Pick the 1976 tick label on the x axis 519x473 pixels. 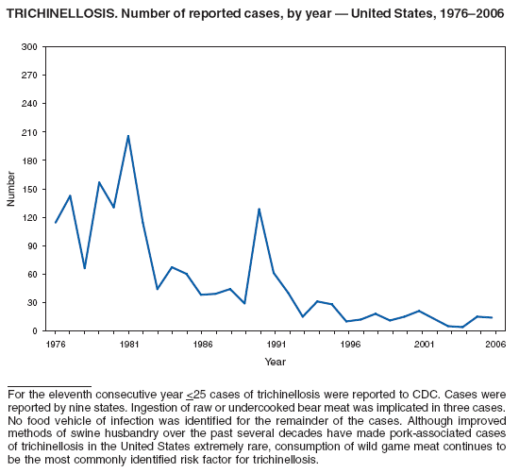coord(56,345)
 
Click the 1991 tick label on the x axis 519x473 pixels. coord(275,345)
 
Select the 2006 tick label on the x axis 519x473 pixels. coord(492,345)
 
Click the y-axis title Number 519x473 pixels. coord(10,189)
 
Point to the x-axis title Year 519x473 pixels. coord(275,362)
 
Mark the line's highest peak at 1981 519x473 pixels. coord(128,136)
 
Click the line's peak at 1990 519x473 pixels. coord(259,209)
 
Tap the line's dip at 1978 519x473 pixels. coord(85,268)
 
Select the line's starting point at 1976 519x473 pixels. coord(56,223)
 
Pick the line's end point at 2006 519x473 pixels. coord(492,317)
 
